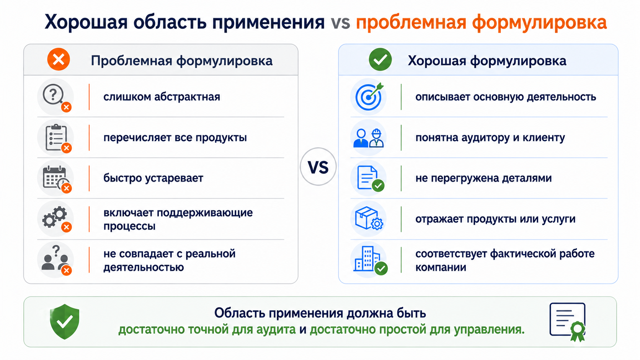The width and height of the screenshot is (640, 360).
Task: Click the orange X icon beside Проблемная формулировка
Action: pyautogui.click(x=59, y=59)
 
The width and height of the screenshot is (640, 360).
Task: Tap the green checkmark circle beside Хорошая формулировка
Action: pyautogui.click(x=380, y=59)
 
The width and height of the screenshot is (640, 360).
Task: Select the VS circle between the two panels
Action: pyautogui.click(x=318, y=167)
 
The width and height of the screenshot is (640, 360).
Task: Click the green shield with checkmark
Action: pyautogui.click(x=65, y=322)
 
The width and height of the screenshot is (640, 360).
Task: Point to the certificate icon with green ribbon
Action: pyautogui.click(x=568, y=322)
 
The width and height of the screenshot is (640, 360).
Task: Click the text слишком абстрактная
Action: pyautogui.click(x=162, y=97)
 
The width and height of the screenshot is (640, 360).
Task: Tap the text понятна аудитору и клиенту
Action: pyautogui.click(x=490, y=138)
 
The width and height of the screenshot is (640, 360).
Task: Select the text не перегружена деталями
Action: pyautogui.click(x=483, y=178)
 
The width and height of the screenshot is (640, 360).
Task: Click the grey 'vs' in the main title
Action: pyautogui.click(x=340, y=23)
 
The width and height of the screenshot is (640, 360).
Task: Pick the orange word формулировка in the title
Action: pyautogui.click(x=539, y=22)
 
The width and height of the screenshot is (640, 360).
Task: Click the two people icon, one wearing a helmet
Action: pyautogui.click(x=369, y=138)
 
